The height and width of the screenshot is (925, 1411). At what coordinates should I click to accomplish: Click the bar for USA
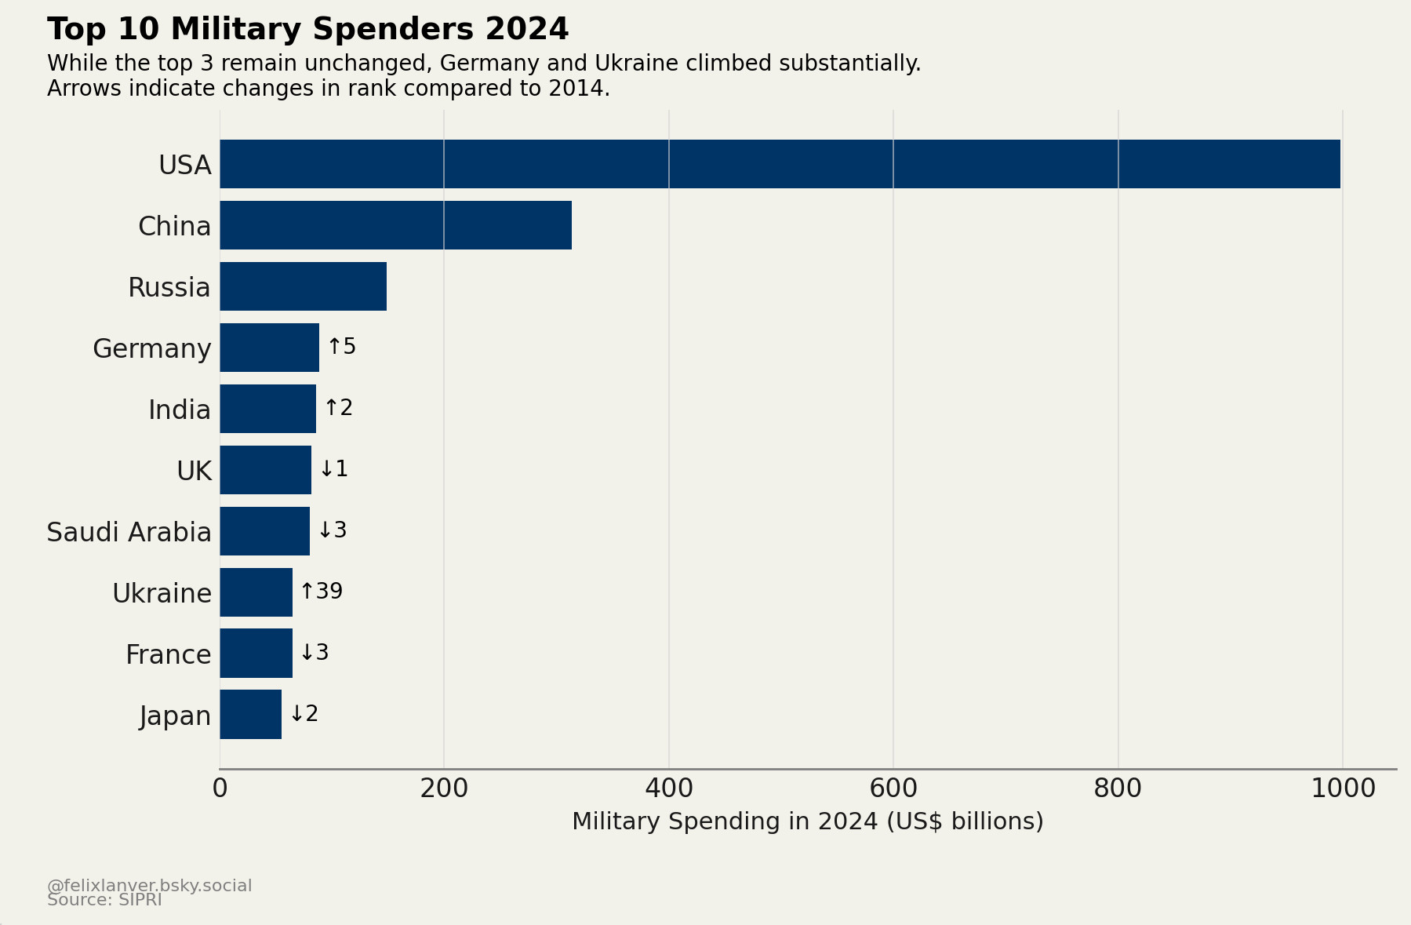[x=780, y=164]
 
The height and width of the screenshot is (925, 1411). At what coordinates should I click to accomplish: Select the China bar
[x=395, y=225]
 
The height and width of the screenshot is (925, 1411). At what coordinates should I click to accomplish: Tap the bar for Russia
[x=303, y=286]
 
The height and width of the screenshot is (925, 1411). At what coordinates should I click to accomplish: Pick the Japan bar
[x=250, y=714]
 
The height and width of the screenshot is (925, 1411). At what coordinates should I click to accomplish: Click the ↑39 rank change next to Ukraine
[x=322, y=592]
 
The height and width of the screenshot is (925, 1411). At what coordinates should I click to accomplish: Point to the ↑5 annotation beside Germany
[x=342, y=347]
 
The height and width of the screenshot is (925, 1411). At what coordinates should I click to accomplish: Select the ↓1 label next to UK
[x=334, y=469]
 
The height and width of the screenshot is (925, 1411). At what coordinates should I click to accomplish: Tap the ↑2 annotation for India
[x=339, y=408]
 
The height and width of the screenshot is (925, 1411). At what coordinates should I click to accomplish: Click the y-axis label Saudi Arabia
[x=129, y=532]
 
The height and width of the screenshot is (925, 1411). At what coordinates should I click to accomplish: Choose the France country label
[x=168, y=654]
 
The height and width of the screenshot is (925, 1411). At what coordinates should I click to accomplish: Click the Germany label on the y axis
[x=151, y=348]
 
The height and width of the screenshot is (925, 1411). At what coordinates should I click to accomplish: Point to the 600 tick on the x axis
[x=893, y=788]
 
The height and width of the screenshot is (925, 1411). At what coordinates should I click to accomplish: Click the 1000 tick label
[x=1342, y=788]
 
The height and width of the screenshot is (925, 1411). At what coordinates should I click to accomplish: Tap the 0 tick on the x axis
[x=220, y=788]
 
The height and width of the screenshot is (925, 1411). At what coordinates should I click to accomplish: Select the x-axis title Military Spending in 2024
[x=807, y=821]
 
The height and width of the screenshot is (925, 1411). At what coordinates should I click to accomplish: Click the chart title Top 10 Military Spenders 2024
[x=307, y=30]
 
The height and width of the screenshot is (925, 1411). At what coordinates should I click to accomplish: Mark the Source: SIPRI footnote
[x=104, y=901]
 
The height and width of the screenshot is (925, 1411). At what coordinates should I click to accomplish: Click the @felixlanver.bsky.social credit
[x=149, y=885]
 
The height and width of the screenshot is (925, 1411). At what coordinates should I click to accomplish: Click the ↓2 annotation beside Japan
[x=304, y=714]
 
